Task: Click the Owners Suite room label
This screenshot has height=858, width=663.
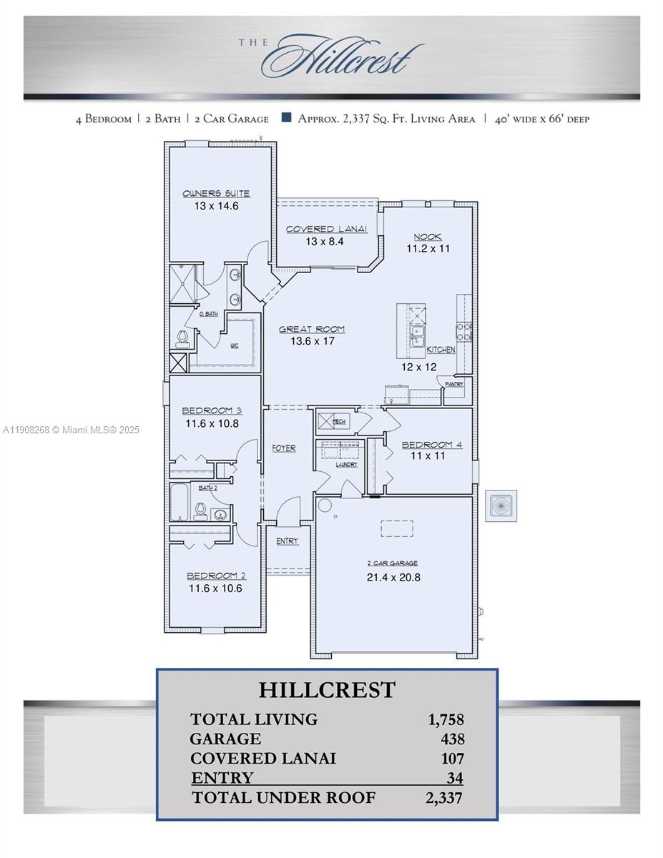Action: coord(216,193)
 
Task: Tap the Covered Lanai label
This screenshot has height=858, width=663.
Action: coord(326,229)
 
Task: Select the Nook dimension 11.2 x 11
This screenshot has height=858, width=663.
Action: coord(428,249)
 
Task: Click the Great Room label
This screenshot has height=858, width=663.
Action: coord(312,329)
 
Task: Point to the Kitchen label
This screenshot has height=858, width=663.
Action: coord(441,350)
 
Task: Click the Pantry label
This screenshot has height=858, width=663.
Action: coord(454,384)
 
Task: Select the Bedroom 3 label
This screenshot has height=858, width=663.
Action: coord(212,410)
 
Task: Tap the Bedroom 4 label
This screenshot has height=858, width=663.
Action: coord(431,444)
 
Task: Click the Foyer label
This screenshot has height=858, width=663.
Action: coord(284,448)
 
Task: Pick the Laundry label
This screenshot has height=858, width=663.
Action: coord(347,465)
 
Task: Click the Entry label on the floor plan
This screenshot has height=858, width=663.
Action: coord(287,541)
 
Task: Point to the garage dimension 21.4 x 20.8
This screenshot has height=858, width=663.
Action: coord(394,577)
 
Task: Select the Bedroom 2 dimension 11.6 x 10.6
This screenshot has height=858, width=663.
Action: coord(215,588)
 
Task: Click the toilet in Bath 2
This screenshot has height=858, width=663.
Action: coord(201,510)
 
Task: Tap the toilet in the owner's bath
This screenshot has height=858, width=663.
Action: coord(183,337)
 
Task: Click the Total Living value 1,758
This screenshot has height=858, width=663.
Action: coord(446,719)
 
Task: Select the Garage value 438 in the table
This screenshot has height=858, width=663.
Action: coord(452,739)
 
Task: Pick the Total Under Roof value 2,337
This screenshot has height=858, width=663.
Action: coord(443,797)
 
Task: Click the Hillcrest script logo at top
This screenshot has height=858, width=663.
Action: coord(342,57)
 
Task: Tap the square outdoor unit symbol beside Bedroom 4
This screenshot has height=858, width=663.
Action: coord(501,506)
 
